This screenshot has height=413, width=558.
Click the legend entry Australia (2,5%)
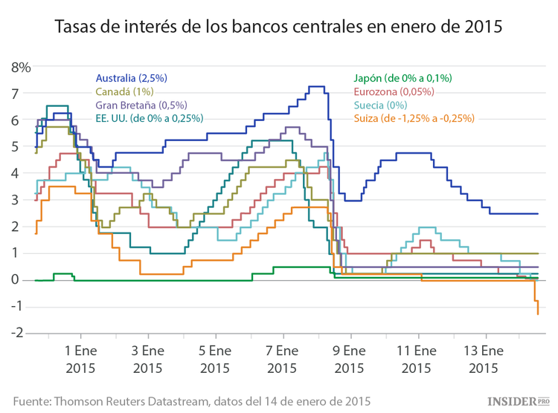click(x=132, y=78)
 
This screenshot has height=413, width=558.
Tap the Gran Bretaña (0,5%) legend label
click(x=141, y=105)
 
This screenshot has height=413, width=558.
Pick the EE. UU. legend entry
click(x=150, y=118)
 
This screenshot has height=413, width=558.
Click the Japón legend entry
click(x=402, y=78)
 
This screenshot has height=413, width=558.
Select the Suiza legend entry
click(x=413, y=118)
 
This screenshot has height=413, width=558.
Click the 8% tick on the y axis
click(x=21, y=68)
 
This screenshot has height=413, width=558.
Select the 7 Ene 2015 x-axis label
click(x=282, y=358)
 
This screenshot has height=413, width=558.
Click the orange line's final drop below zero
click(x=536, y=305)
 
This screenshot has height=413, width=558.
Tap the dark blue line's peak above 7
click(x=316, y=87)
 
